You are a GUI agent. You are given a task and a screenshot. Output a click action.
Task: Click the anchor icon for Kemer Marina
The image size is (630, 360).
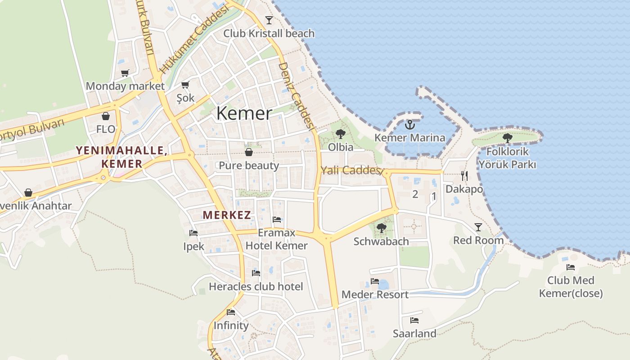[409, 125]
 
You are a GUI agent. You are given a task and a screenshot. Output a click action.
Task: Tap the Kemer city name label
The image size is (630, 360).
[244, 113]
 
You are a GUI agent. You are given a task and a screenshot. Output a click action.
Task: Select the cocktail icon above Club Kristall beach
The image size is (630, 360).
[269, 20]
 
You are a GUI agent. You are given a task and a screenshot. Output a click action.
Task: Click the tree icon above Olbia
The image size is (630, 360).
[340, 134]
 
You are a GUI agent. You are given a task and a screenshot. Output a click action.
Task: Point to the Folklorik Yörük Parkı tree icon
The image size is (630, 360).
[508, 138]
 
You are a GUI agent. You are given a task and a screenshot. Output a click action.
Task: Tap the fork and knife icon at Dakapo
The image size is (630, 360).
[464, 175]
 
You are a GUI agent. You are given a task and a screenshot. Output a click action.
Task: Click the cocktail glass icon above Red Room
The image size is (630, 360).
[478, 227]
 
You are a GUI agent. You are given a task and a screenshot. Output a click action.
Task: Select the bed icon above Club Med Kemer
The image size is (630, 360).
[571, 267]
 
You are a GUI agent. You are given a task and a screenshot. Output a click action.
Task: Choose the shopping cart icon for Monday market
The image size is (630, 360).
[125, 73]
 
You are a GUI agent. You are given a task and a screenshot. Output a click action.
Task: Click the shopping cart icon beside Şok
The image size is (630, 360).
[185, 85]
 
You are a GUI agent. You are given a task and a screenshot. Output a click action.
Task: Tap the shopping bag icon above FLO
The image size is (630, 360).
[106, 116]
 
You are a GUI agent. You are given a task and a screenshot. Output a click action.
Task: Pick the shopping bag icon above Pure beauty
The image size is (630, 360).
[248, 152]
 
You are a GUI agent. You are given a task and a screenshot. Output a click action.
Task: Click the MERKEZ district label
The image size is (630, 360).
[227, 215]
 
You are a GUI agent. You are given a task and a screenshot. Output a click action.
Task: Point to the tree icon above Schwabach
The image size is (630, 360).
[381, 228]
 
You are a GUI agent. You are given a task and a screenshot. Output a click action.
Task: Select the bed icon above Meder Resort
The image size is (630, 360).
[374, 281]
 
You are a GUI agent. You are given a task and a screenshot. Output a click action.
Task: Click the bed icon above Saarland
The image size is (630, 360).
[414, 320]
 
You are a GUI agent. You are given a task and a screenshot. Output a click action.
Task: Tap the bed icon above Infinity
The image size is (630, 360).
[231, 312]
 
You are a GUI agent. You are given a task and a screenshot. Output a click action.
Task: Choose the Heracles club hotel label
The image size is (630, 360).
[256, 287]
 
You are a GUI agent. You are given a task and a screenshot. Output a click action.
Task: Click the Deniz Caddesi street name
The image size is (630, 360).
[296, 96]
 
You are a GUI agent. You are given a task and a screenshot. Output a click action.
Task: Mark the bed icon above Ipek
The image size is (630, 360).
[193, 233]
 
